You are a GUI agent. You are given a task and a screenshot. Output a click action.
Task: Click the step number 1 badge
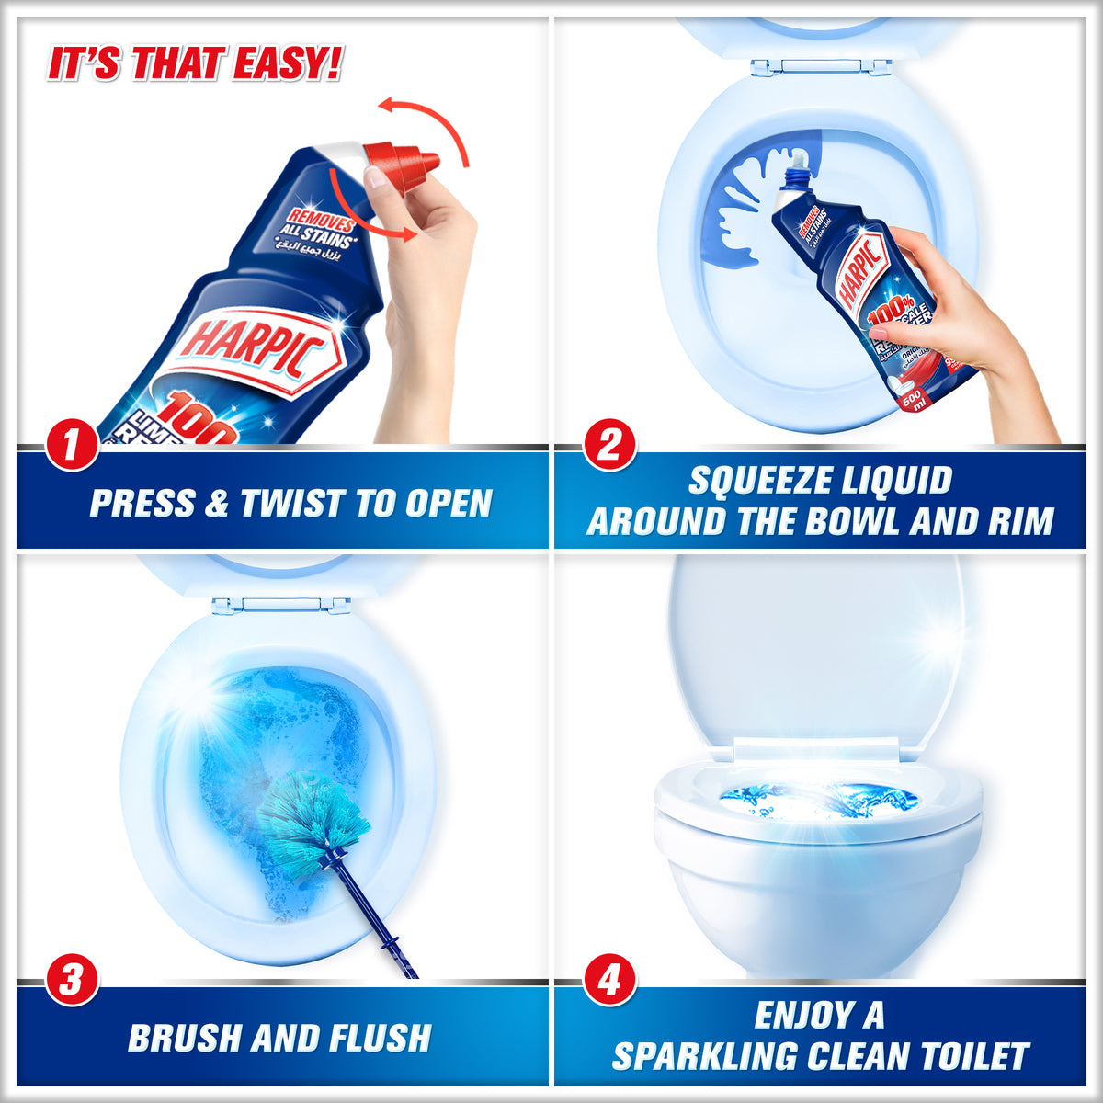click(71, 447)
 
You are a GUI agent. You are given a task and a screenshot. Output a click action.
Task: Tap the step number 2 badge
click(608, 447)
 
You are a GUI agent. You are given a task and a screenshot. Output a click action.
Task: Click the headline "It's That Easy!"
click(194, 65)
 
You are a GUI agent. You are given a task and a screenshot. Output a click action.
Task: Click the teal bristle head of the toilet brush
click(313, 813)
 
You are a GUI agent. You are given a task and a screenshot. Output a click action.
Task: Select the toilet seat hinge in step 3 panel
click(281, 606)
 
